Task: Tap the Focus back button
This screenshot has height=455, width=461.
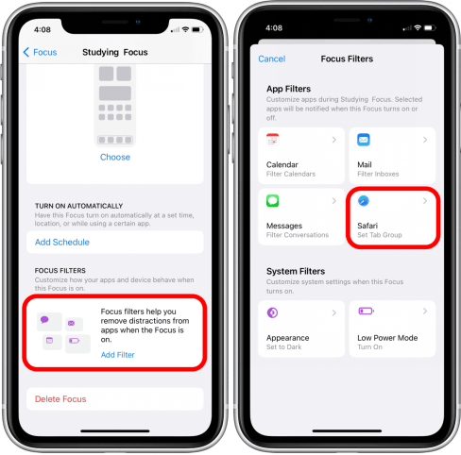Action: [40, 52]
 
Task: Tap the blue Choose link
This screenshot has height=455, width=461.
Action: [115, 157]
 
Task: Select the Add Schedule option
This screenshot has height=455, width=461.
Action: [62, 242]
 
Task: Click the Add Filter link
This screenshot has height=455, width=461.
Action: [117, 355]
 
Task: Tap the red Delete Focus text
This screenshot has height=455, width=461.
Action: [60, 399]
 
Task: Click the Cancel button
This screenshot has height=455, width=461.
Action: [272, 59]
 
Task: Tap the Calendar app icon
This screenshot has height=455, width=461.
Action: [273, 140]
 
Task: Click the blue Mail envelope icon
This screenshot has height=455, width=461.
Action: [364, 140]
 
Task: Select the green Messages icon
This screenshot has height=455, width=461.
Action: [273, 200]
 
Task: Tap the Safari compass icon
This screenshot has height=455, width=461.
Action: [364, 201]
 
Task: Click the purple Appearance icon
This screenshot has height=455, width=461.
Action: [272, 312]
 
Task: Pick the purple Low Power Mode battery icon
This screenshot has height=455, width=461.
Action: [366, 311]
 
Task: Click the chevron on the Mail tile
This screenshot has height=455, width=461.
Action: [425, 140]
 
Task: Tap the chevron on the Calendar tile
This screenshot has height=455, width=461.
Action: [334, 140]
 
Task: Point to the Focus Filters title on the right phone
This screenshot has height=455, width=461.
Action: [347, 59]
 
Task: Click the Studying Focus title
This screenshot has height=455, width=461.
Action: [115, 52]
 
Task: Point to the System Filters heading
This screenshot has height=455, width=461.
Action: [296, 271]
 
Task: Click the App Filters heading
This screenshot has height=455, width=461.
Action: [288, 89]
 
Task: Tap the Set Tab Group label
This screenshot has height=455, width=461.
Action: [380, 235]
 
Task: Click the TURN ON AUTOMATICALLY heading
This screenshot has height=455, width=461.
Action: [78, 206]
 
